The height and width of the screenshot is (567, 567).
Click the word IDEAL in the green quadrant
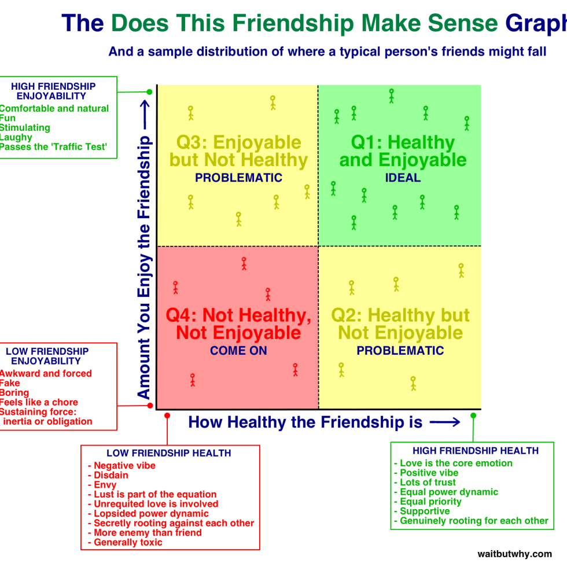click(403, 178)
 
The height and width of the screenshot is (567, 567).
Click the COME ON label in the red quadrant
click(239, 351)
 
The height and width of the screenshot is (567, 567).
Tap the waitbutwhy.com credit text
click(515, 554)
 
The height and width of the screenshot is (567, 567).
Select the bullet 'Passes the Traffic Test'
click(54, 147)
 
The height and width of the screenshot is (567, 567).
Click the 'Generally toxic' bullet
click(128, 543)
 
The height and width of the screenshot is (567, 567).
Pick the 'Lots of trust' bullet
click(428, 483)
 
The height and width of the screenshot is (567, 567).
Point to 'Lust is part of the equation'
click(155, 495)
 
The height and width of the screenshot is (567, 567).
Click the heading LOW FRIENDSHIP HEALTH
click(169, 454)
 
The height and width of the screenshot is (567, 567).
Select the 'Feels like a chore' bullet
click(39, 402)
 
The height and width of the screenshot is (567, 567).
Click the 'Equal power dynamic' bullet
click(449, 492)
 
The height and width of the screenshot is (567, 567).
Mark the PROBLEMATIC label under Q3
click(238, 178)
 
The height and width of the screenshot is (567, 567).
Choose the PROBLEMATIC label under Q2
click(400, 351)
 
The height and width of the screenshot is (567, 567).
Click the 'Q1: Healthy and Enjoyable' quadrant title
click(403, 151)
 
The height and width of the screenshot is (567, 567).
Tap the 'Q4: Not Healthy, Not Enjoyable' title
click(238, 324)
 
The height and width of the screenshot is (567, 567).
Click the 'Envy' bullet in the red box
click(105, 485)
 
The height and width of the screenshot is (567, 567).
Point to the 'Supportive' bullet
click(425, 511)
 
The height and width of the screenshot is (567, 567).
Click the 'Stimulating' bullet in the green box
click(25, 128)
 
